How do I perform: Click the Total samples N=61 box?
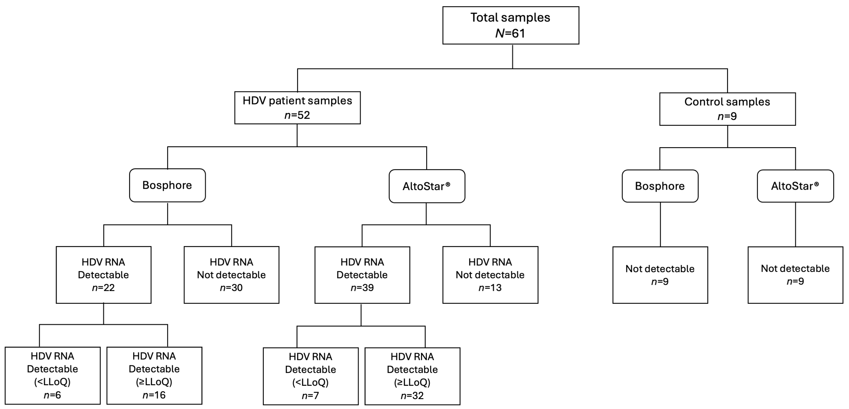tap(511, 25)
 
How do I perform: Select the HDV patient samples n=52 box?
tap(297, 108)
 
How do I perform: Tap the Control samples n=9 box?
tap(727, 109)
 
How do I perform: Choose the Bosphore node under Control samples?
tap(660, 186)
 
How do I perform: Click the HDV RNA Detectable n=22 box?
tap(104, 275)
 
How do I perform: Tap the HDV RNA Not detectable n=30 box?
tap(231, 275)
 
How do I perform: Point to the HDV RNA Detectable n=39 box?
tap(362, 275)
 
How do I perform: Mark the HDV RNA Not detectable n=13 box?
tap(490, 275)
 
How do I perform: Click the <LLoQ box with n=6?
tap(52, 375)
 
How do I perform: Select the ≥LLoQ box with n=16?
tap(154, 375)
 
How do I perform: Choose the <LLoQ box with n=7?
tap(310, 376)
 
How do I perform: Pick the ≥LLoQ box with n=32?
tap(412, 376)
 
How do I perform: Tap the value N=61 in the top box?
tap(510, 33)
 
